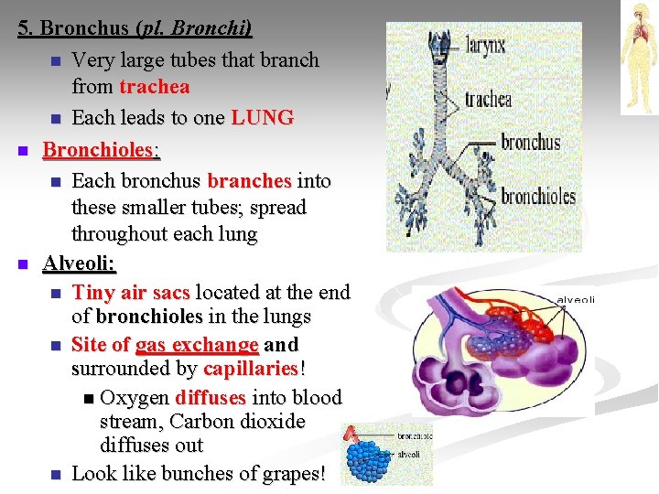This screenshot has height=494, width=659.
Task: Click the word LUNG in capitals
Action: click(263, 118)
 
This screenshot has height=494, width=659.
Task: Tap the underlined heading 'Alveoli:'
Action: click(80, 264)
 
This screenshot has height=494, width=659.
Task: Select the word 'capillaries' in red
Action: click(251, 369)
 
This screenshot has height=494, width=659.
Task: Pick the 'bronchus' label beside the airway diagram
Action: click(531, 143)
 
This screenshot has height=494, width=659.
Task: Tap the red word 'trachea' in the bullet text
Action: click(155, 88)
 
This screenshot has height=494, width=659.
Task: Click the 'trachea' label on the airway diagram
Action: click(488, 99)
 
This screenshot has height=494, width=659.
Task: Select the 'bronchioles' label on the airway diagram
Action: click(538, 196)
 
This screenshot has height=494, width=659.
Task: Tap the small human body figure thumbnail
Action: click(638, 57)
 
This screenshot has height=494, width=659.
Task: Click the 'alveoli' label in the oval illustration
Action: click(576, 299)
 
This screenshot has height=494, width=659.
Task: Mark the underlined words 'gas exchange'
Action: click(197, 345)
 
